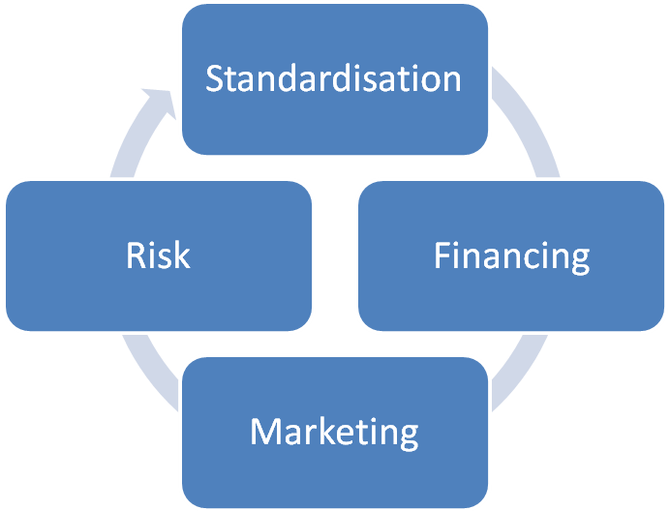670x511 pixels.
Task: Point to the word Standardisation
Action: click(333, 78)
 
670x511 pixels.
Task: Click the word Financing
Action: click(512, 256)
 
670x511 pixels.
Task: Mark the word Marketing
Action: click(334, 432)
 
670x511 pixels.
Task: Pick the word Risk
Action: click(159, 255)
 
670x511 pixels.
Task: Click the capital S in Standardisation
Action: click(215, 78)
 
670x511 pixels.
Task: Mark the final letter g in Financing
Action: click(579, 260)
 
